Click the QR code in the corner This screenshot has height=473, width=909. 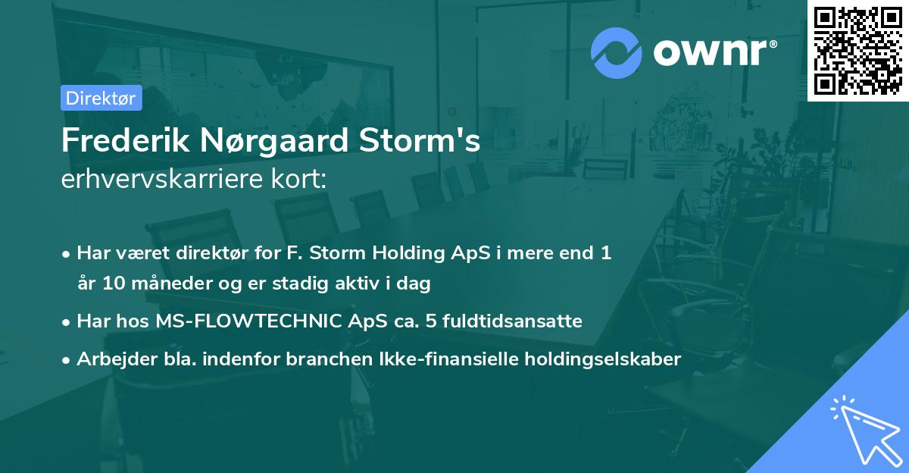coord(857,50)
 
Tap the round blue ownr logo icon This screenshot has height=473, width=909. coord(617,52)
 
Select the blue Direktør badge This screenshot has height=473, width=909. coord(101,98)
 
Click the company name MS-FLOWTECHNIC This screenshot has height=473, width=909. coord(238,321)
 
